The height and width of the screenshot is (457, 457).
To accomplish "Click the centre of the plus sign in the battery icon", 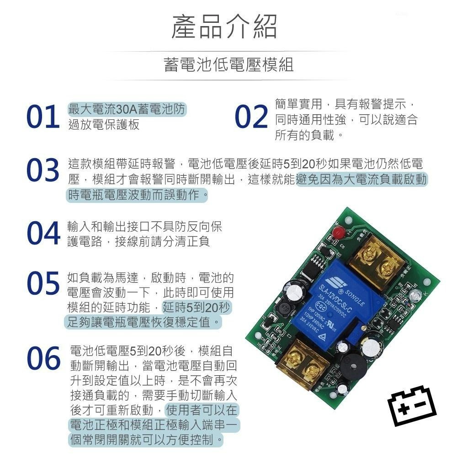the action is tap(404, 409).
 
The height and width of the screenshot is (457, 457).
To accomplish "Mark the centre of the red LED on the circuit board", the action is tap(338, 233).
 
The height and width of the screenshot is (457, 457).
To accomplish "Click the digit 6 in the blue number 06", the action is tap(52, 359).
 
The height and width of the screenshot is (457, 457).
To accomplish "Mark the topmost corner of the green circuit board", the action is tap(347, 207).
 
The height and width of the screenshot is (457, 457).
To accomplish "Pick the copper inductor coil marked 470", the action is tap(286, 308).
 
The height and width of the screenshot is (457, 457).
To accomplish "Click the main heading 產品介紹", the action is tap(224, 27).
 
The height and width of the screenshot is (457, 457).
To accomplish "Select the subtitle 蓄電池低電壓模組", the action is tap(228, 65).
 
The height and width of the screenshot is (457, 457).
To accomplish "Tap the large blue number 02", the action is tap(251, 117).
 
